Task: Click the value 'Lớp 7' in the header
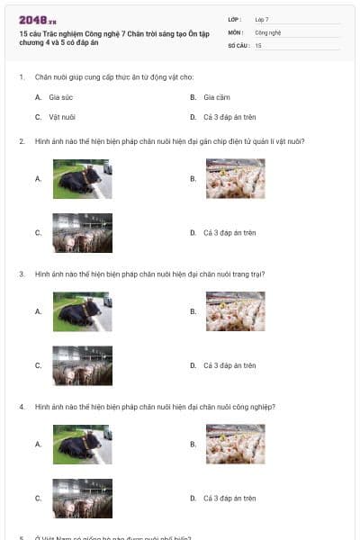tap(262, 19)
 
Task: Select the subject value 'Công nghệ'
tap(268, 31)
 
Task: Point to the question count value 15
tap(258, 44)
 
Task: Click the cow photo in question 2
tap(82, 178)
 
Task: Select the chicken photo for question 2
tap(235, 178)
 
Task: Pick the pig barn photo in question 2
tap(82, 232)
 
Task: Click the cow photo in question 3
tap(82, 311)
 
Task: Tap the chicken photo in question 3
tap(235, 311)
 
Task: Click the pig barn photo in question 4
tap(82, 498)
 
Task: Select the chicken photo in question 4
tap(235, 444)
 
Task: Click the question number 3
tap(22, 274)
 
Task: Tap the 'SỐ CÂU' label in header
tap(237, 44)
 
